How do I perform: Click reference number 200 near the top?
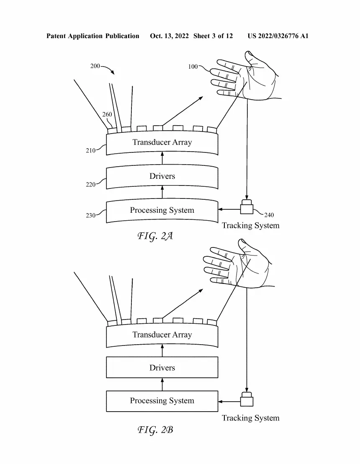[x=95, y=66]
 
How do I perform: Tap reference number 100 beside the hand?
[x=193, y=67]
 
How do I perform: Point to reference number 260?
[x=107, y=115]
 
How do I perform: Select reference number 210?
[x=90, y=151]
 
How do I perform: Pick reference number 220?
[x=90, y=184]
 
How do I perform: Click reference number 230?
[x=90, y=216]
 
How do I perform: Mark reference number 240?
[x=269, y=215]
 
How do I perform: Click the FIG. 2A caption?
[x=155, y=236]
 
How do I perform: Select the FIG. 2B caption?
[x=155, y=430]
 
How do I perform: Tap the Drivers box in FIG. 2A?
[x=162, y=176]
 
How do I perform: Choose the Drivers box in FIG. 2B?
[x=162, y=368]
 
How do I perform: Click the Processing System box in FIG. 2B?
[x=162, y=401]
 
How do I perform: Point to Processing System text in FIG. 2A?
[x=162, y=210]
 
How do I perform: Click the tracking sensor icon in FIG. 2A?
[x=247, y=208]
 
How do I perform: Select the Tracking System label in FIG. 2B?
[x=250, y=418]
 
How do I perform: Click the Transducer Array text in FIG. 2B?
[x=162, y=335]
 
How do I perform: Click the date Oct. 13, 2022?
[x=170, y=36]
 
